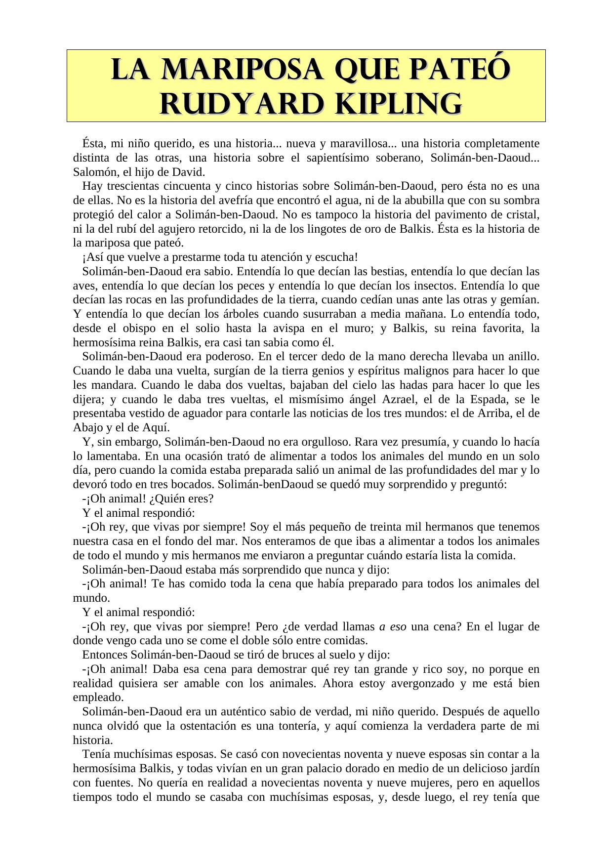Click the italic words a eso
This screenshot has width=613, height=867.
click(393, 627)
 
